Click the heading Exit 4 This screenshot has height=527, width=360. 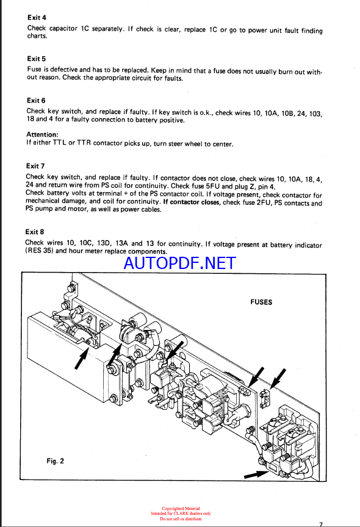click(x=37, y=18)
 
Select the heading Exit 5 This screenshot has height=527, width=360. click(x=36, y=59)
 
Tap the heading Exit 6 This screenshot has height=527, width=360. click(x=36, y=101)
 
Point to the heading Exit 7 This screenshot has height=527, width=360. click(x=35, y=166)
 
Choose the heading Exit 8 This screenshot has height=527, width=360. click(x=35, y=232)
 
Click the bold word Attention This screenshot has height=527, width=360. click(x=42, y=134)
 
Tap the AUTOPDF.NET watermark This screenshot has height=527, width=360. click(x=180, y=263)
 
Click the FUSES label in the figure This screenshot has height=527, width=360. click(x=261, y=302)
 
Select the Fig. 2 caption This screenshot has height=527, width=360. click(x=55, y=461)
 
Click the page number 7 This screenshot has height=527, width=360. click(x=321, y=524)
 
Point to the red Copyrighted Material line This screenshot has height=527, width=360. click(x=181, y=509)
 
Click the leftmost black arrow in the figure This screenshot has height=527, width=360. click(x=82, y=358)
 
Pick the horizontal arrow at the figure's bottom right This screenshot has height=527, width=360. click(x=256, y=474)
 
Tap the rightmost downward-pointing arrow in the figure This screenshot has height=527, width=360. click(x=278, y=379)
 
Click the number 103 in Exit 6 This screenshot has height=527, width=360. click(x=315, y=113)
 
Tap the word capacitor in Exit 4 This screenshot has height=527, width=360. click(x=63, y=28)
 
